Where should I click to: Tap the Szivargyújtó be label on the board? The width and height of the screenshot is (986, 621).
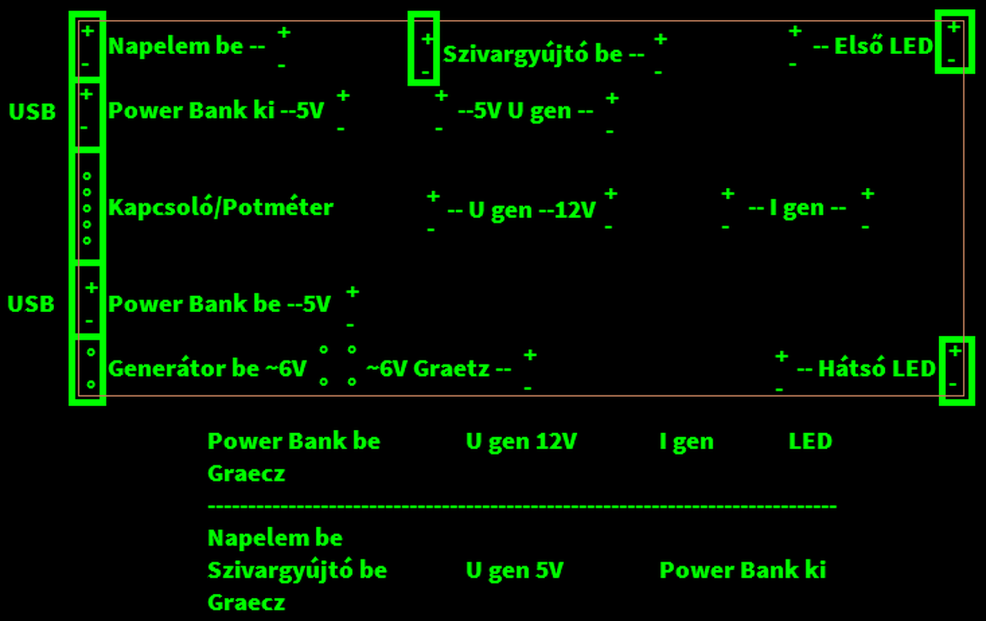(x=544, y=54)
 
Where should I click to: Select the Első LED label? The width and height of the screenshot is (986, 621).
(x=873, y=46)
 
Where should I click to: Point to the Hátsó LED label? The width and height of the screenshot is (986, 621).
(x=866, y=368)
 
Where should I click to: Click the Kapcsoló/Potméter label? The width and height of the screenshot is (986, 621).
(x=220, y=207)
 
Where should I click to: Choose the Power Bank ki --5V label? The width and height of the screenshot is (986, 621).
(x=216, y=111)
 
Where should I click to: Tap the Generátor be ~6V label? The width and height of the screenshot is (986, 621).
(x=207, y=368)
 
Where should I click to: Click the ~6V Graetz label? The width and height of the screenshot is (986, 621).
(x=438, y=368)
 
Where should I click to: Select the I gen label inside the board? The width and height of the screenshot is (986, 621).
(x=797, y=208)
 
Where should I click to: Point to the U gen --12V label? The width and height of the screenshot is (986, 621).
(x=522, y=210)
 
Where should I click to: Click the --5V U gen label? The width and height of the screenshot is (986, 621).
(x=525, y=111)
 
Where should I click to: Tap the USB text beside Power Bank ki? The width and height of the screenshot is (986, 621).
(x=32, y=112)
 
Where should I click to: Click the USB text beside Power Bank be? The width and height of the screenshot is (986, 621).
(x=32, y=304)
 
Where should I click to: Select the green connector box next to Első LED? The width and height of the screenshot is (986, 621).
(x=954, y=43)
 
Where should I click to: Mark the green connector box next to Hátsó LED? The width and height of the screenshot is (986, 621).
(x=956, y=370)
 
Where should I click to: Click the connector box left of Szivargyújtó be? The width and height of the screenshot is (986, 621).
(x=423, y=48)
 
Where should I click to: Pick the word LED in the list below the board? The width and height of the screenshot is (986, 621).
(x=810, y=441)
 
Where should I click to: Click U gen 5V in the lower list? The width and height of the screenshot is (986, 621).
(x=515, y=570)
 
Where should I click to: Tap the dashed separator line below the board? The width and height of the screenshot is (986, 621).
(x=522, y=506)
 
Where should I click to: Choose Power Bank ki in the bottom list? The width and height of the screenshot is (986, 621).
(x=743, y=570)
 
